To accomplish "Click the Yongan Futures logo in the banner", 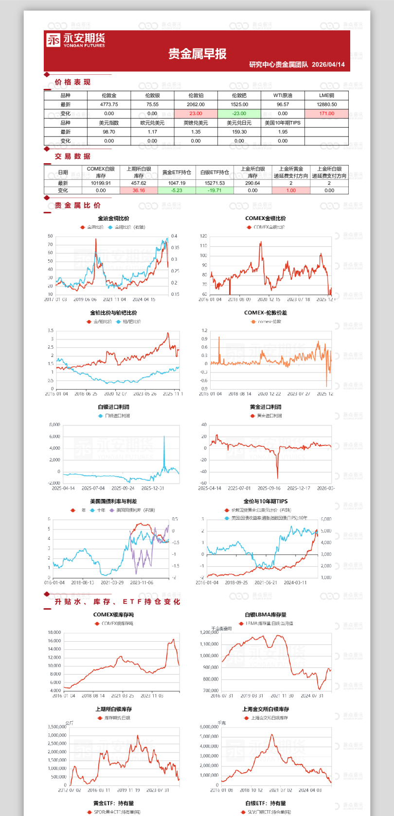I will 75,40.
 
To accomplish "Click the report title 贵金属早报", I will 197,54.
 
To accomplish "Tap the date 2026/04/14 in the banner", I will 328,65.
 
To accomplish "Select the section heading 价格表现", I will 72,82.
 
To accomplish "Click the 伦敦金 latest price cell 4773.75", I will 109,104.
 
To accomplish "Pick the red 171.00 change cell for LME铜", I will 326,114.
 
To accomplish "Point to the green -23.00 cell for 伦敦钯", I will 239,114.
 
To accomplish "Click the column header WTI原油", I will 283,96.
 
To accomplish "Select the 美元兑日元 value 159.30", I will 239,132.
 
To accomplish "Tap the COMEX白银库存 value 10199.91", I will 101,183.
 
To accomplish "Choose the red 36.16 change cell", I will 139,190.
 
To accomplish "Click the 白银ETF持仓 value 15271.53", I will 215,183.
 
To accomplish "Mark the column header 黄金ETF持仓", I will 177,172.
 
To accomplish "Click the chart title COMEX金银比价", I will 266,219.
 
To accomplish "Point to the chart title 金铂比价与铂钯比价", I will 113,313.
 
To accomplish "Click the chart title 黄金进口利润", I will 266,407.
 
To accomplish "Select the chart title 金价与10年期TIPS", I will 266,501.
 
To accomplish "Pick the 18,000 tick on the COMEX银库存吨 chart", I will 54,632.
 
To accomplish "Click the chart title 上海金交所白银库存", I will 266,709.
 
